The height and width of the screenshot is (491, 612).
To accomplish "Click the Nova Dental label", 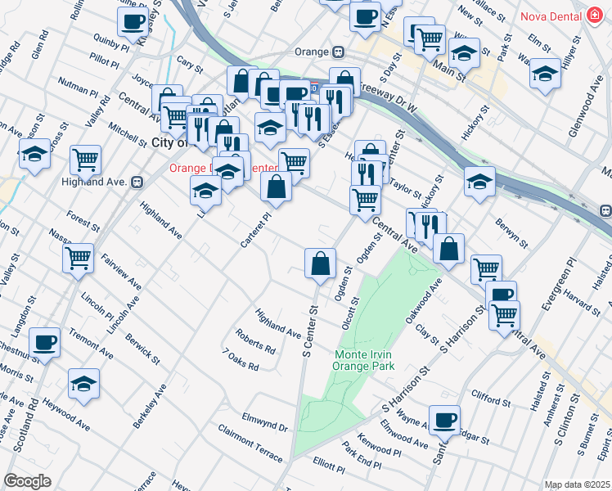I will coord(548,16).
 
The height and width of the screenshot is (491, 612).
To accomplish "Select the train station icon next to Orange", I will coord(337,52).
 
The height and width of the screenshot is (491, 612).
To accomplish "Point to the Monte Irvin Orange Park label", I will coord(364,360).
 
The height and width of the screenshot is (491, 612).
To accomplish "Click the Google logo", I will coord(27,481).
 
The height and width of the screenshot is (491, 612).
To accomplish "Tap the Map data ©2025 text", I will coord(578,484).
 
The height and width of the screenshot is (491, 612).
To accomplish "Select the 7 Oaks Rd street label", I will coord(241,358).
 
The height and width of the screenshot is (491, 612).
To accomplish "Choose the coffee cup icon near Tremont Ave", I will coord(45,342).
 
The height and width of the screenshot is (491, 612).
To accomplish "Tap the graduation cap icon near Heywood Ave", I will coord(83,384).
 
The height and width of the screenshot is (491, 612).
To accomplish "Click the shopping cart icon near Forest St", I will coord(78,259).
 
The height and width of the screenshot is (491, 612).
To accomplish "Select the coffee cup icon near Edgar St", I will coord(444,420).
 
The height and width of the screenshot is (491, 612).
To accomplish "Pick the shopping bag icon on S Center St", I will coord(320,264).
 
